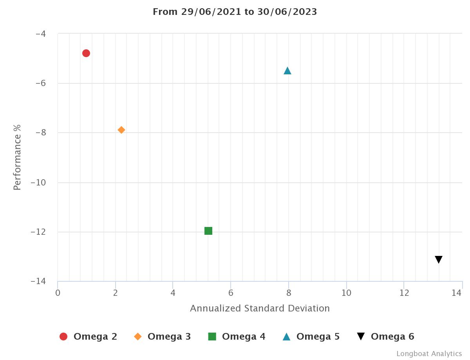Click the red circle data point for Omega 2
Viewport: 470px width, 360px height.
(x=86, y=53)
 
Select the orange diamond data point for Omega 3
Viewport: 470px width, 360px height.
(x=121, y=130)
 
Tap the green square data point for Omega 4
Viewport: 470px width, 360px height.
(x=208, y=231)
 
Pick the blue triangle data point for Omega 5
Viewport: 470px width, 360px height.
(x=287, y=71)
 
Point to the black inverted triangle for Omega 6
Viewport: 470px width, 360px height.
(x=439, y=259)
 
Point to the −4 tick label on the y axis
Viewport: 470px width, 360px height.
(x=40, y=34)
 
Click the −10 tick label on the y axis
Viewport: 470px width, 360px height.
(x=38, y=183)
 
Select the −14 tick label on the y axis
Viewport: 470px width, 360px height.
(x=38, y=282)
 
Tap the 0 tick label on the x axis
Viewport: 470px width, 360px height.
(x=58, y=293)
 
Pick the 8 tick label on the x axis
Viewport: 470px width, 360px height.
(x=289, y=293)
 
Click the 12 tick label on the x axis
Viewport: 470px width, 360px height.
(x=404, y=293)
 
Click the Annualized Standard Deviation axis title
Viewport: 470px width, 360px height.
(x=260, y=308)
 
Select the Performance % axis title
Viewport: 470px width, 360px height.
(x=17, y=157)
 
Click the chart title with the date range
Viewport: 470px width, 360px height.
(x=235, y=12)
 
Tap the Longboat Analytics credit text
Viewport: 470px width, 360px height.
(x=429, y=354)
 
